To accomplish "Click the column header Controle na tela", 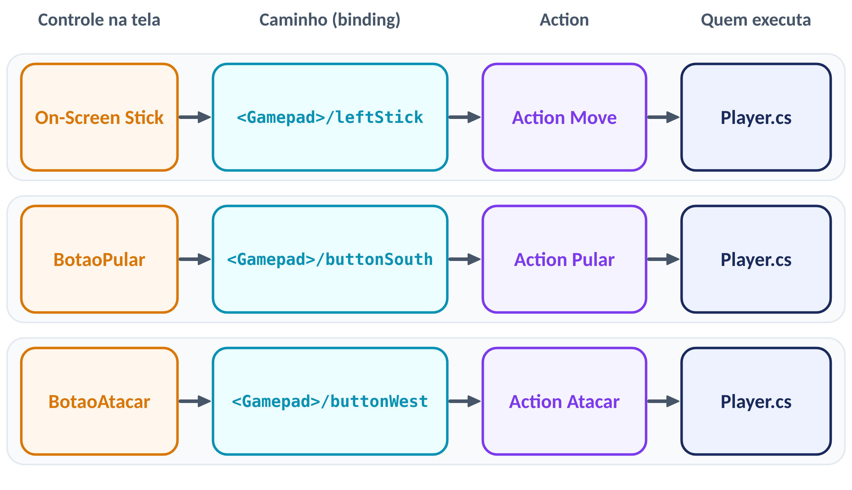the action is pyautogui.click(x=99, y=20).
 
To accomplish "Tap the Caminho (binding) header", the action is pyautogui.click(x=330, y=20).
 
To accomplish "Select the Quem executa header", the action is pyautogui.click(x=756, y=20).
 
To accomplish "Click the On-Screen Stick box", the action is pyautogui.click(x=99, y=117).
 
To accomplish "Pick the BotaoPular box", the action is pyautogui.click(x=99, y=259).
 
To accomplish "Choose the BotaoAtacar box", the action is pyautogui.click(x=99, y=401).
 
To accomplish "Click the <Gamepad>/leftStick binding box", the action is pyautogui.click(x=330, y=117).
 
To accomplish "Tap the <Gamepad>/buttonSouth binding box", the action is pyautogui.click(x=330, y=259).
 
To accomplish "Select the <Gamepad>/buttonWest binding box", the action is pyautogui.click(x=330, y=401).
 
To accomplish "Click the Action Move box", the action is pyautogui.click(x=564, y=117).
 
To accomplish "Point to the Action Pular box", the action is pyautogui.click(x=564, y=259).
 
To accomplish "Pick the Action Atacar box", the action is pyautogui.click(x=564, y=401).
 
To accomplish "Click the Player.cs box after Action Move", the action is pyautogui.click(x=756, y=117).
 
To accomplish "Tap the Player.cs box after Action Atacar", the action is pyautogui.click(x=756, y=401).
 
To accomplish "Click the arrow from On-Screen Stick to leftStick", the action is pyautogui.click(x=195, y=117).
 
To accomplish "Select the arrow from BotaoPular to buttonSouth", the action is pyautogui.click(x=195, y=259).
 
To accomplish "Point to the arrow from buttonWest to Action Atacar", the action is pyautogui.click(x=465, y=401).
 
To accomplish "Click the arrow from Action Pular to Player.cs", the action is pyautogui.click(x=664, y=259).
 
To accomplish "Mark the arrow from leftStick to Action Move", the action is pyautogui.click(x=465, y=117).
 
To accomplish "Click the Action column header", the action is pyautogui.click(x=564, y=20).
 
